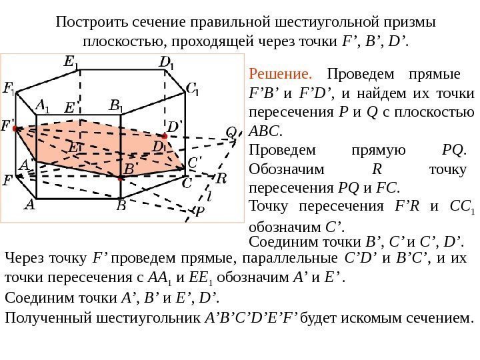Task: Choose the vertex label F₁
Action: [x=10, y=89]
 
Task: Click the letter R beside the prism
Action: [x=221, y=179]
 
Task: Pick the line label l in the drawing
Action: [x=209, y=197]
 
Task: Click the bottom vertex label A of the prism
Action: [x=29, y=206]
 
